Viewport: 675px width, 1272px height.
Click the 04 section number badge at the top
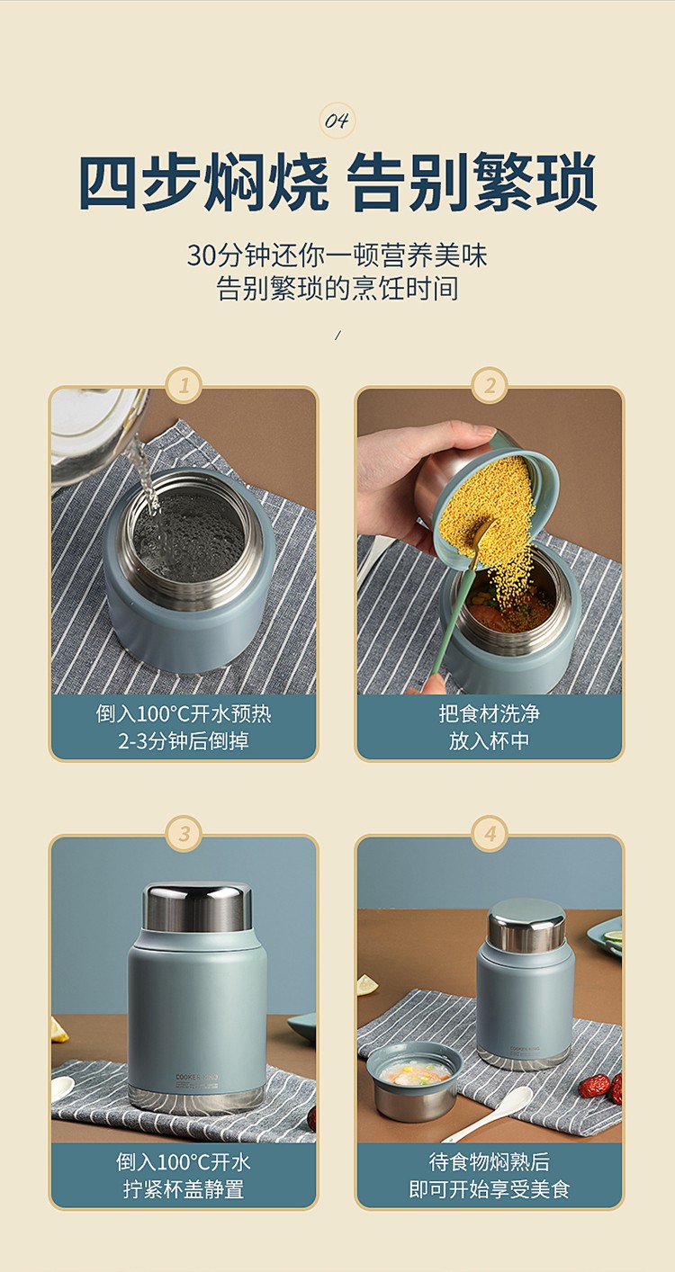tap(337, 121)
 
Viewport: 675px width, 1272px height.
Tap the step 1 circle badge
tap(184, 386)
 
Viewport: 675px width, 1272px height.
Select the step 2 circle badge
tap(490, 386)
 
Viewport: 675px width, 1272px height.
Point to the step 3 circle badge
tap(184, 834)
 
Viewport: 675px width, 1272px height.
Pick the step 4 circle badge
tap(490, 834)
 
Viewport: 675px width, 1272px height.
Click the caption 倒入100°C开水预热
tap(184, 713)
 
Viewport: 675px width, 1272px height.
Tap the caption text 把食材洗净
tap(490, 713)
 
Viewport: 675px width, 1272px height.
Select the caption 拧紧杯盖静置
tap(184, 1189)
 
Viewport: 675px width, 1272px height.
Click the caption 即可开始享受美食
tap(490, 1189)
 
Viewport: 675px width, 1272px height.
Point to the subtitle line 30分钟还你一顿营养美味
tap(337, 255)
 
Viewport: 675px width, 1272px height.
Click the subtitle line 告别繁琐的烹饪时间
tap(337, 289)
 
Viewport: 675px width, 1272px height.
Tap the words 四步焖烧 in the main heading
tap(203, 182)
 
